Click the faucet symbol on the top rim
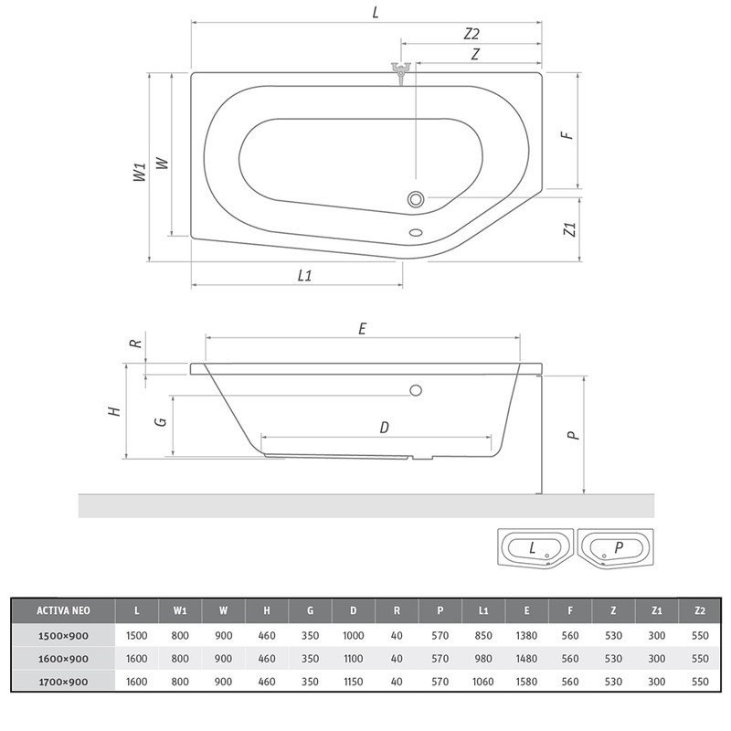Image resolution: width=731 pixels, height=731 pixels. [x=400, y=72]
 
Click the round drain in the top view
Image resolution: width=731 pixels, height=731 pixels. [x=416, y=199]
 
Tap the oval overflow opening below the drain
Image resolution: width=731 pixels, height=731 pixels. [x=416, y=232]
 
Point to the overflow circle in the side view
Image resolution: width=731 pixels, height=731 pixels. [x=416, y=390]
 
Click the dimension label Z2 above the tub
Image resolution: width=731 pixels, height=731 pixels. [x=471, y=34]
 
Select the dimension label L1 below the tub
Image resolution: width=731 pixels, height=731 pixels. [x=304, y=276]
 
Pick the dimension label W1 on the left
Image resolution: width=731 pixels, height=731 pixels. [x=140, y=172]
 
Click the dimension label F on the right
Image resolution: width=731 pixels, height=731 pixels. [x=567, y=135]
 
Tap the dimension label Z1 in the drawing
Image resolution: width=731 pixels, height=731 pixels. [x=569, y=229]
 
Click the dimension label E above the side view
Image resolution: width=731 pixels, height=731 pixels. [x=362, y=329]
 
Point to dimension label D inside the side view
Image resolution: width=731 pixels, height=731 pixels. [x=384, y=427]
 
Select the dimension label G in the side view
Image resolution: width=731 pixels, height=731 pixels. [x=161, y=421]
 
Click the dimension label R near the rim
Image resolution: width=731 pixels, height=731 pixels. [x=135, y=344]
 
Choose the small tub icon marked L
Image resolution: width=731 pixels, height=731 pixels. [x=535, y=547]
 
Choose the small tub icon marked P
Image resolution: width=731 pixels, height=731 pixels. [x=615, y=547]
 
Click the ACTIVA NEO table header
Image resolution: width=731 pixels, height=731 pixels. [x=63, y=610]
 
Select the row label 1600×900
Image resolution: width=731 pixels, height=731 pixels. [x=63, y=659]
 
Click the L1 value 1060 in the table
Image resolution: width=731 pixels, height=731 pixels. [x=483, y=682]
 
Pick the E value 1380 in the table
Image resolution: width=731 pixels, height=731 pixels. [x=526, y=635]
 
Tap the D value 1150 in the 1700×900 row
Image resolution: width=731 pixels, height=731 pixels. [x=353, y=682]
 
